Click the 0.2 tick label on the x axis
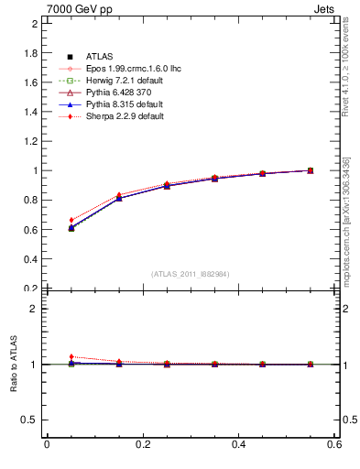pyautogui.click(x=142, y=445)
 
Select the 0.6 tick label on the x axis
pyautogui.click(x=335, y=445)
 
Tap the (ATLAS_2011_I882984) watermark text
pyautogui.click(x=191, y=274)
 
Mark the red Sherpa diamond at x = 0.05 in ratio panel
pyautogui.click(x=46, y=357)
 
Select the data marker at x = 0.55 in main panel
pyautogui.click(x=311, y=170)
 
